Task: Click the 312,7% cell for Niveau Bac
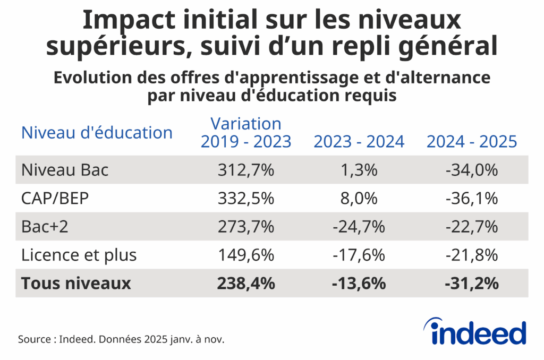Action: [x=245, y=170]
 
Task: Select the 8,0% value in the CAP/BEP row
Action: [x=359, y=199]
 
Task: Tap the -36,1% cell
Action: [x=471, y=199]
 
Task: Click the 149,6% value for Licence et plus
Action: [x=245, y=255]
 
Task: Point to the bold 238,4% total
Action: [x=245, y=283]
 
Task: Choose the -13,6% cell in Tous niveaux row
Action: [x=359, y=283]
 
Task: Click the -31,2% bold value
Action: [x=471, y=283]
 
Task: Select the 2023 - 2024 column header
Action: [x=359, y=141]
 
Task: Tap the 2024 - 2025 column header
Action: [x=471, y=141]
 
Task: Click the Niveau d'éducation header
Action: [x=97, y=132]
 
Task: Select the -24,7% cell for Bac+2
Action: [x=359, y=227]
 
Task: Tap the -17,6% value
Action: [x=359, y=255]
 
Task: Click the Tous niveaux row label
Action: [x=76, y=283]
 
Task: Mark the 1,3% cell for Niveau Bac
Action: [x=359, y=170]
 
